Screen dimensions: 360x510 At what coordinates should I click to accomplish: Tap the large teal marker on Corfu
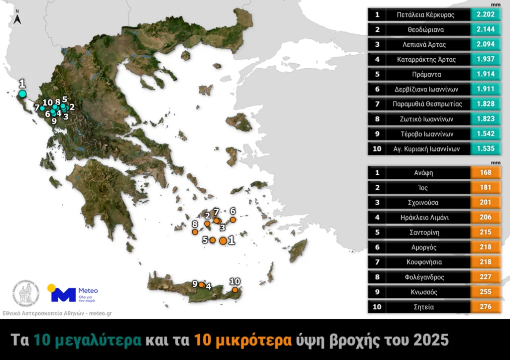coord(22,94)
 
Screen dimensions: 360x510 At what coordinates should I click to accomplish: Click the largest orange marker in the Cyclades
coord(223,240)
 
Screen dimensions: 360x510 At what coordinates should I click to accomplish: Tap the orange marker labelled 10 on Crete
coord(235,290)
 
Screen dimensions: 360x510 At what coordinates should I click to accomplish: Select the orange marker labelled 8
coord(195,232)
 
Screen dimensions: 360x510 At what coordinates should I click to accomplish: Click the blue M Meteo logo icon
coord(63,294)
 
